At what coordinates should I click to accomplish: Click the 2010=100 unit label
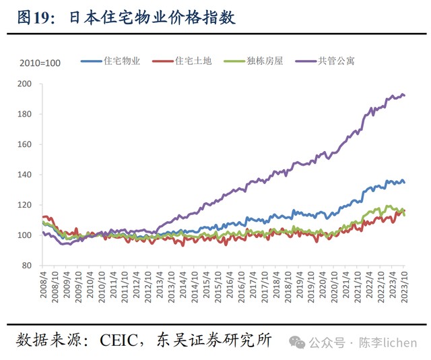point(40,63)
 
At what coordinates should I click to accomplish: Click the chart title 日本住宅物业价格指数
point(152,18)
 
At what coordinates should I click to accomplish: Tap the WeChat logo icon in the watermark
point(297,342)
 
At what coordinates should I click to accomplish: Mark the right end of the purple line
point(404,95)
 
